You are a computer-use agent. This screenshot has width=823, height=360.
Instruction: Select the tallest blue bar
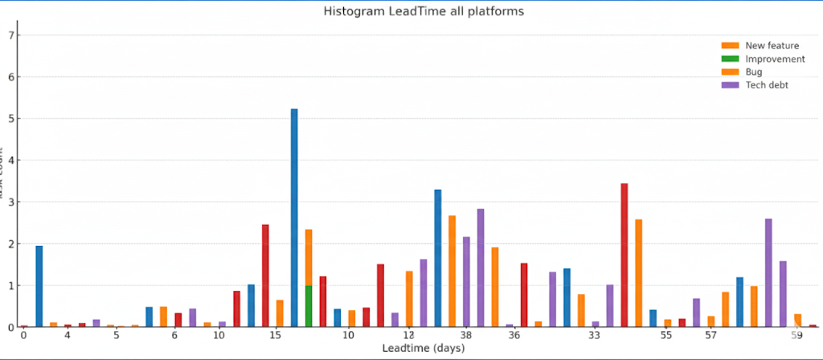click(x=294, y=217)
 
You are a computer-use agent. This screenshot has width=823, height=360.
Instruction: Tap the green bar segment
click(x=309, y=306)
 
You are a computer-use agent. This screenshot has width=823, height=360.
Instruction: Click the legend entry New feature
click(x=772, y=46)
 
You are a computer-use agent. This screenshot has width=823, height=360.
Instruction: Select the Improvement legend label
click(x=775, y=59)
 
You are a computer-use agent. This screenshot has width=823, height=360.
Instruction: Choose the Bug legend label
click(x=754, y=72)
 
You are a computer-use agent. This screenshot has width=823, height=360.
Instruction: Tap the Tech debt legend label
click(x=767, y=84)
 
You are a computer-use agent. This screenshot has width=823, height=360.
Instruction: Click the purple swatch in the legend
click(x=731, y=84)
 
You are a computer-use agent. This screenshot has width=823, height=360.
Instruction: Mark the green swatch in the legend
click(x=731, y=59)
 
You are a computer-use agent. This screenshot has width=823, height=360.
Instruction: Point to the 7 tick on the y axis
click(x=10, y=35)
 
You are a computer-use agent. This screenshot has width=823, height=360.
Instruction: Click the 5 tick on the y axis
click(x=10, y=119)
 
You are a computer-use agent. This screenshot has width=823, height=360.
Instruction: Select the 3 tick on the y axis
click(x=10, y=202)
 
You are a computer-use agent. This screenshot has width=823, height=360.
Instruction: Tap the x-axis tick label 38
click(x=466, y=334)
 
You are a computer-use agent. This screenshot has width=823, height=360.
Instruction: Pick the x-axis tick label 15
click(x=275, y=334)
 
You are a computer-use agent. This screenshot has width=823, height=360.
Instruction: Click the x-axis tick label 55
click(x=666, y=334)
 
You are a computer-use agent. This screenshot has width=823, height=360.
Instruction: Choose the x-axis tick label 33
click(x=595, y=334)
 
